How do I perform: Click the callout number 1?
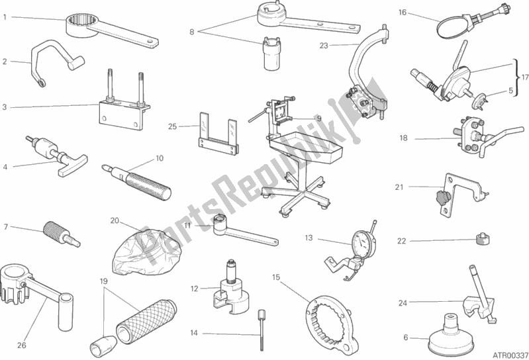(5, 17)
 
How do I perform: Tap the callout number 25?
(172, 127)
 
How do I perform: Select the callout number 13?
(309, 238)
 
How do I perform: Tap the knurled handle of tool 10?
(148, 186)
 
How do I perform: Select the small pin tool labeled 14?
(262, 330)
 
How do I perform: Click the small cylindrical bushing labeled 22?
(483, 239)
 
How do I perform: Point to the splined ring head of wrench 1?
(81, 25)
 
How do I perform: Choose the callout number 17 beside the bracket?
(524, 77)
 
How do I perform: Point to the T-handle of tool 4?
(73, 165)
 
